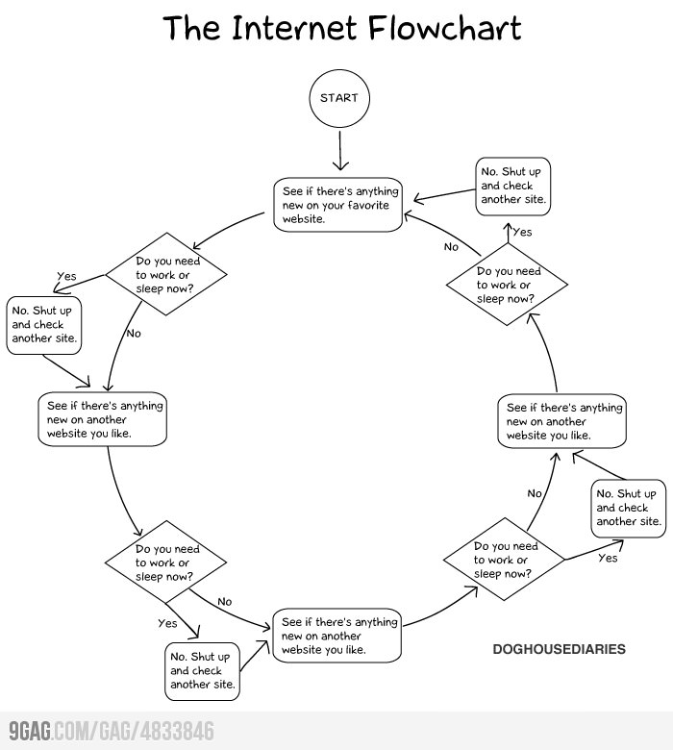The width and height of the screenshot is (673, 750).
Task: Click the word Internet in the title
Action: coord(293,28)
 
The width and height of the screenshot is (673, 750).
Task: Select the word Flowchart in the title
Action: coord(444,28)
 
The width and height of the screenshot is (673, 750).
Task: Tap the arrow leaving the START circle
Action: coord(340,151)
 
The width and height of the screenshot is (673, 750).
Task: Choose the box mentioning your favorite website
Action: coord(337,205)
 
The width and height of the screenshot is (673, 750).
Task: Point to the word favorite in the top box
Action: coord(368,205)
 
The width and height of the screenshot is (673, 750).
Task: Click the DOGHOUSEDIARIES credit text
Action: coord(560,649)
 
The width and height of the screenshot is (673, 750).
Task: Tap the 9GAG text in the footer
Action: coord(30,732)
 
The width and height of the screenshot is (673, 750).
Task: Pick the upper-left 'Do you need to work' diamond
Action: coord(166,274)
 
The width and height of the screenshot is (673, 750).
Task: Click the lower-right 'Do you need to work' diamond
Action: coord(504,560)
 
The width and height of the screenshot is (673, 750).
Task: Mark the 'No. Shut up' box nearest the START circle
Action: coord(512,187)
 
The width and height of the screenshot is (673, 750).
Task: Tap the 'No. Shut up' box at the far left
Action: coord(43,325)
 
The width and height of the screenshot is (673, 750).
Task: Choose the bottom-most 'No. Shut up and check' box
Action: coord(202,671)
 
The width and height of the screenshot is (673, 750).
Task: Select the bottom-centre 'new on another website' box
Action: coord(336,636)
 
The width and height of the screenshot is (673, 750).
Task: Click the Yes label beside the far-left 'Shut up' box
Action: coord(66,277)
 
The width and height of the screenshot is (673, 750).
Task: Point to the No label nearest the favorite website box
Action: coord(451,247)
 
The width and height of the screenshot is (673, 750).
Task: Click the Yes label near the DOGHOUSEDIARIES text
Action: coord(608,559)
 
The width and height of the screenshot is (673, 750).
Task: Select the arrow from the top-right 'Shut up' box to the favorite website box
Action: coord(444,195)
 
